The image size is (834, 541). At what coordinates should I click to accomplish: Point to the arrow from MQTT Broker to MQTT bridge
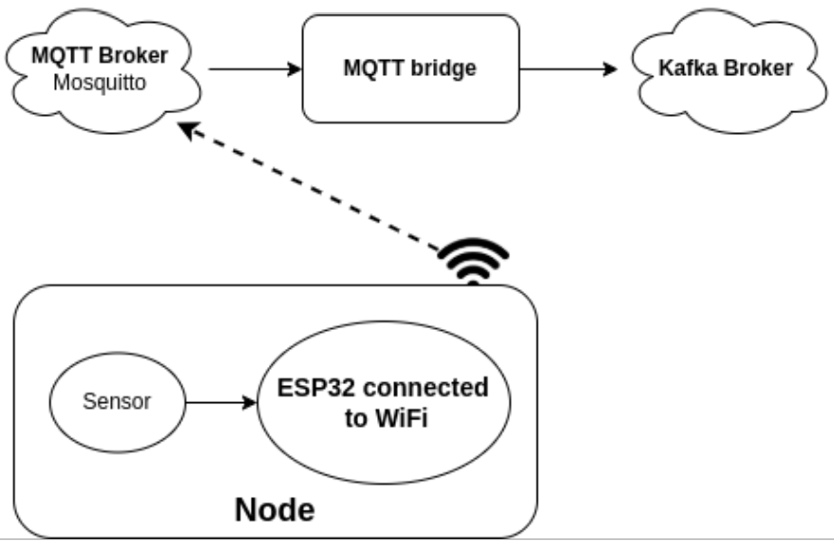tap(252, 69)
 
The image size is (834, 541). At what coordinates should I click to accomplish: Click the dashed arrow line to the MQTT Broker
tap(313, 190)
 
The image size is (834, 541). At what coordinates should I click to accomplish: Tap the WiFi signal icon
tap(472, 260)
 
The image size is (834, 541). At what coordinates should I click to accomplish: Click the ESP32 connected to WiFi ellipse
tap(382, 403)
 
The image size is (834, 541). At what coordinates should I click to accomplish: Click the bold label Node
tap(275, 510)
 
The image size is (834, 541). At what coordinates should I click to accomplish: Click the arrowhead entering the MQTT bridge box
tap(295, 69)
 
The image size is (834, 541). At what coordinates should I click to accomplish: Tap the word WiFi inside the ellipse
tap(396, 418)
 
